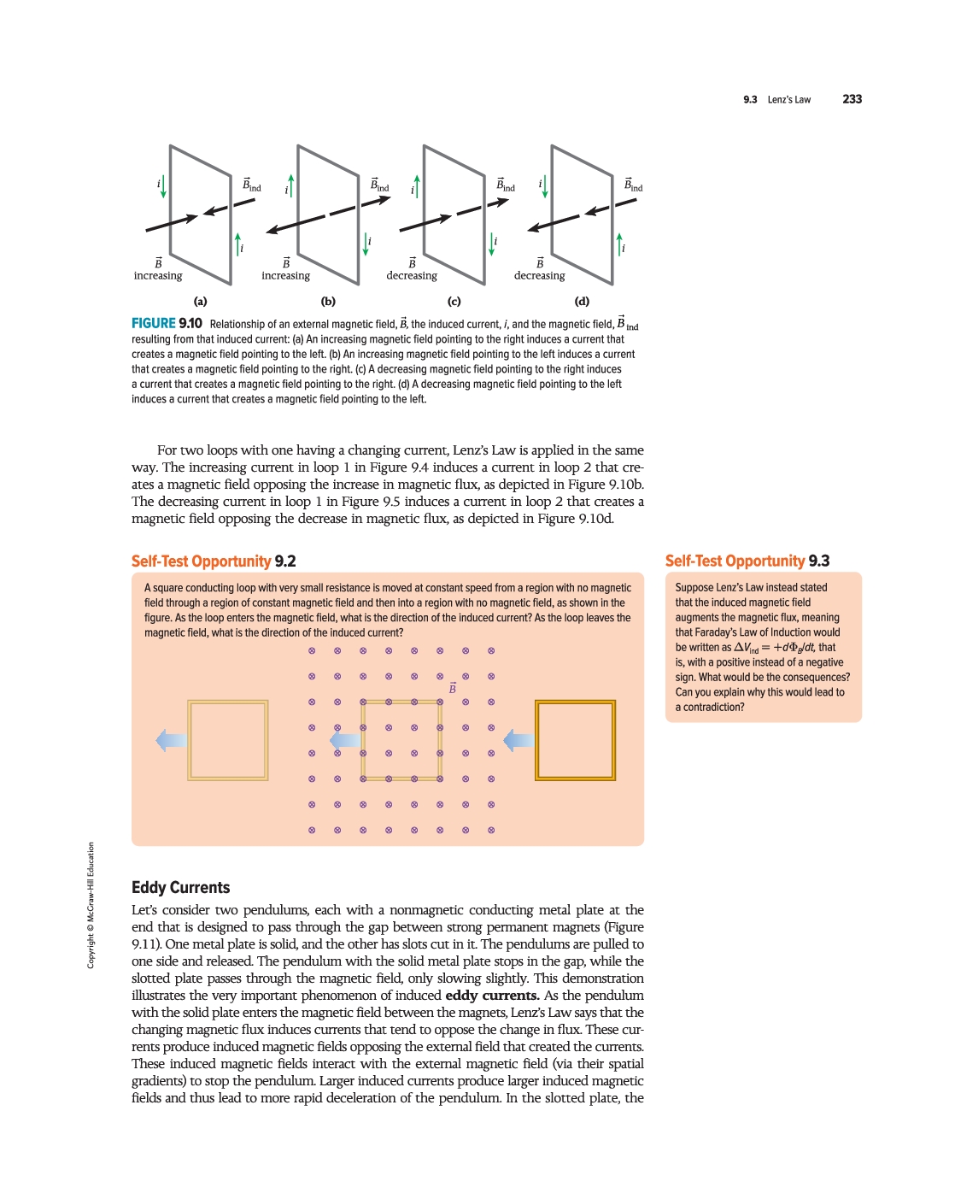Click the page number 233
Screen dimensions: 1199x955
(852, 99)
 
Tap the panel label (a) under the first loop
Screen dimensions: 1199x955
(200, 301)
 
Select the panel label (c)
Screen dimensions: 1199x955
(454, 301)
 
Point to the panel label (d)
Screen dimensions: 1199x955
(582, 301)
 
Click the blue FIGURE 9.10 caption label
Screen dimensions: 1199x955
(167, 323)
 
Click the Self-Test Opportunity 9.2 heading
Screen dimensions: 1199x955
(214, 561)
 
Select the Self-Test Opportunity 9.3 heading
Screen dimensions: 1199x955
(747, 561)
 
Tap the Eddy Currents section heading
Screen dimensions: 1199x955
(181, 888)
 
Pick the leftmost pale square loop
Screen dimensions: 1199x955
(228, 740)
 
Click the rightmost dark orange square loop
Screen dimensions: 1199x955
(575, 740)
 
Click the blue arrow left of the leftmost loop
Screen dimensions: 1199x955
(171, 740)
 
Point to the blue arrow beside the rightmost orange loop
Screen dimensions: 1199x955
(519, 740)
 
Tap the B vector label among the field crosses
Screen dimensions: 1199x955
(453, 688)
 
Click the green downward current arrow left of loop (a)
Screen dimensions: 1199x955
(163, 186)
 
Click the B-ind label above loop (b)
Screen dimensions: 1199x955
(379, 185)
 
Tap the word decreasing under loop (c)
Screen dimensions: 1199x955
(412, 275)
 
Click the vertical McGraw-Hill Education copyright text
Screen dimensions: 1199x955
(91, 906)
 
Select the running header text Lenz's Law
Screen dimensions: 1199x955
(789, 100)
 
